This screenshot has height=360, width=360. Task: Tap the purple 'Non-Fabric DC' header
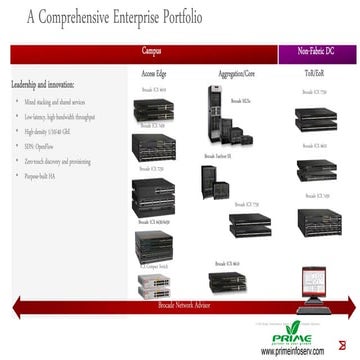coord(317,49)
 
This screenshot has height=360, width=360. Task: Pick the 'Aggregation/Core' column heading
coord(237,75)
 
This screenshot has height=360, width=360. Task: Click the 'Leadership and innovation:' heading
coord(47,86)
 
